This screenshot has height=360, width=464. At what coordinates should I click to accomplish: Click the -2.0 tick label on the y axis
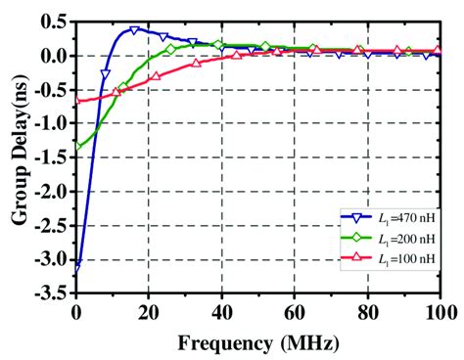point(52,192)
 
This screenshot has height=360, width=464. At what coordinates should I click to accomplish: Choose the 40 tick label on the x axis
point(222,312)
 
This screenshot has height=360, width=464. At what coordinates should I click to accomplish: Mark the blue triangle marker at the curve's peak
point(134,31)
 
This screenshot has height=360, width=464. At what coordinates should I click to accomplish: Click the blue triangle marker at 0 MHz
point(76,263)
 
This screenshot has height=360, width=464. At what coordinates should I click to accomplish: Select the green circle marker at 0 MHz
point(76,146)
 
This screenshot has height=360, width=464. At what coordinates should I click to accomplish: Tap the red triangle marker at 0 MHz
point(76,101)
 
